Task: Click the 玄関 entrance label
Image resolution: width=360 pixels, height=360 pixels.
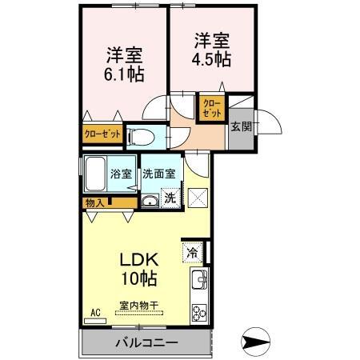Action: click(x=240, y=127)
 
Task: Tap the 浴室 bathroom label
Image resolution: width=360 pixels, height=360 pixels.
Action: click(x=122, y=173)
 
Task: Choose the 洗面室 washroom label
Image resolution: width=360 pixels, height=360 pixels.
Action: click(x=158, y=173)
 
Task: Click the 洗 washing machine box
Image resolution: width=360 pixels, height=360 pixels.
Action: click(x=170, y=197)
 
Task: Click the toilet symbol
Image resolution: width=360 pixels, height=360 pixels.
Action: click(x=141, y=135)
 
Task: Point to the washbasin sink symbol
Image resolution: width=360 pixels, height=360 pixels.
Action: click(x=150, y=200)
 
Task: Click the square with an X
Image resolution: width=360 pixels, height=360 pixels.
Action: click(x=198, y=196)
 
